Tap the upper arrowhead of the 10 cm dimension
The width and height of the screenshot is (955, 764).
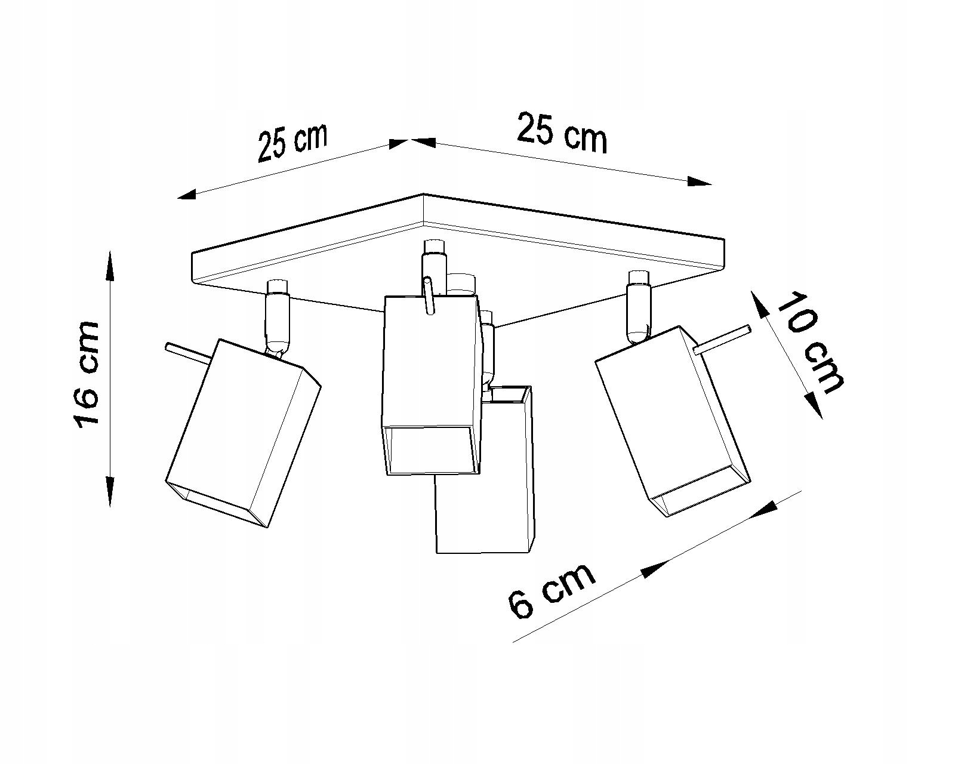[759, 305]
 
